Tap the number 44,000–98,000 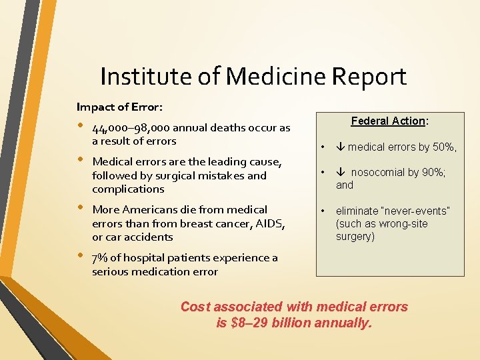(131, 128)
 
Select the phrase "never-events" (418, 211)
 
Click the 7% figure (101, 258)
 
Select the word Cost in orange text (195, 307)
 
